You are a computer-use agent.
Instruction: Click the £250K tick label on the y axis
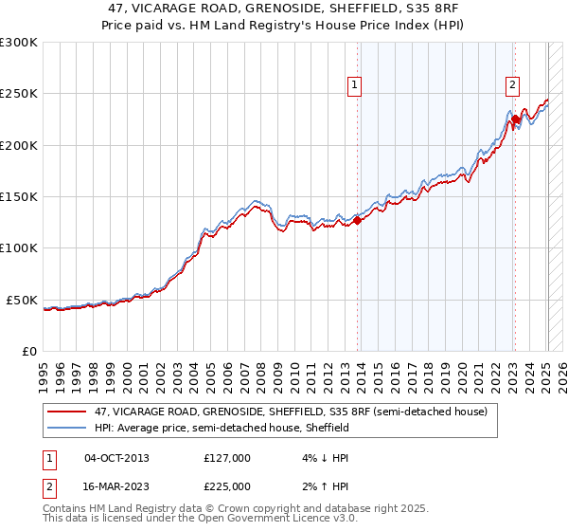[x=19, y=94]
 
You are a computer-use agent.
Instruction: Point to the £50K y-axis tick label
[x=22, y=300]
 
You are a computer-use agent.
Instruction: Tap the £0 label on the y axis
[x=29, y=351]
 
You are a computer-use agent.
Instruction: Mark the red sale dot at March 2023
[x=515, y=120]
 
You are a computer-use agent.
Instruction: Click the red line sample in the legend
[x=67, y=412]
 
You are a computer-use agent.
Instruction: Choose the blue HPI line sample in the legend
[x=67, y=429]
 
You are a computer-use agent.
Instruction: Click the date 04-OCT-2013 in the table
[x=116, y=458]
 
